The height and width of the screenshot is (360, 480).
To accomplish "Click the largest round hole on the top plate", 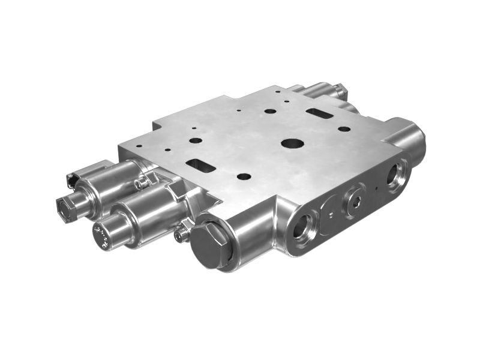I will click(293, 144).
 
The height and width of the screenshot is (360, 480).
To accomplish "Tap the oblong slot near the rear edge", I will click(316, 112).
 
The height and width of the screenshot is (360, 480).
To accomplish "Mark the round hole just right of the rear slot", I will click(343, 128).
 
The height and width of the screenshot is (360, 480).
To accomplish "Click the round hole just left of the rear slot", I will click(271, 111).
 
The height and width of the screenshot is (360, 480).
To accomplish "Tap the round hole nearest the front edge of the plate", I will click(244, 177).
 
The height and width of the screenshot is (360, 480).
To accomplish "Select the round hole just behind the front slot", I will click(196, 140).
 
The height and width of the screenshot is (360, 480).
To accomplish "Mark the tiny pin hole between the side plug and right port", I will click(376, 188).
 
